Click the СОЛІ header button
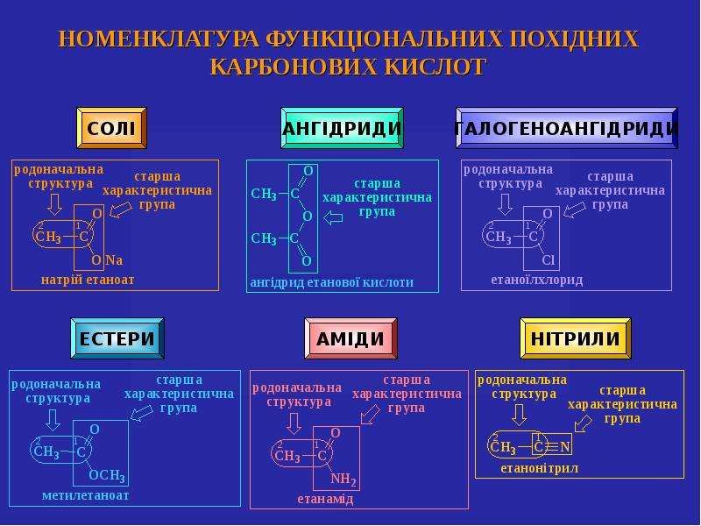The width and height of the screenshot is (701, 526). [111, 128]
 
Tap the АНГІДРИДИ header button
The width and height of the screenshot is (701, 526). [342, 128]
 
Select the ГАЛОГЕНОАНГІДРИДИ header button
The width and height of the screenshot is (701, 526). [566, 128]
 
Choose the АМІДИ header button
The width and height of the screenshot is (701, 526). [350, 338]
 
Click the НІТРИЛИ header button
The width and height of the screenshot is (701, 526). [576, 338]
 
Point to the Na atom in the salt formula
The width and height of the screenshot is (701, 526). [114, 259]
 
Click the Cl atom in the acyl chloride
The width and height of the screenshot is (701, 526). [549, 259]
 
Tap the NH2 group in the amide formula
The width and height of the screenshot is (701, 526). [343, 480]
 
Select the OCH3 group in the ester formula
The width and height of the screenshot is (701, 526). [107, 475]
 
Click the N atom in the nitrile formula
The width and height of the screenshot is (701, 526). [565, 447]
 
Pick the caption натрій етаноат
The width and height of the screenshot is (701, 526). [88, 280]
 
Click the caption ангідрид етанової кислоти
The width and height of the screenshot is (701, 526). [332, 282]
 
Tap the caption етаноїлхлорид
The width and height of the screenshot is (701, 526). [537, 280]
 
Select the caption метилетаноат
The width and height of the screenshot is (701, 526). [85, 495]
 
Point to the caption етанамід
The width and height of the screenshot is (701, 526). [325, 499]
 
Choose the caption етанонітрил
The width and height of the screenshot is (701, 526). [539, 468]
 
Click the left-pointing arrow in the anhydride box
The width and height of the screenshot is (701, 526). [333, 218]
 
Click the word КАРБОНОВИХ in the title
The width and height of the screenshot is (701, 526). [293, 67]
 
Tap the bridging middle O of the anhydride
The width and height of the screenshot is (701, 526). [308, 217]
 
